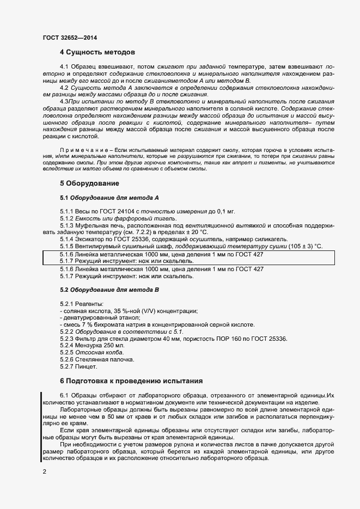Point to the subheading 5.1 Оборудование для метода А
(x=109, y=197)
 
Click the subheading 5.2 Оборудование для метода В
(x=109, y=290)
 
